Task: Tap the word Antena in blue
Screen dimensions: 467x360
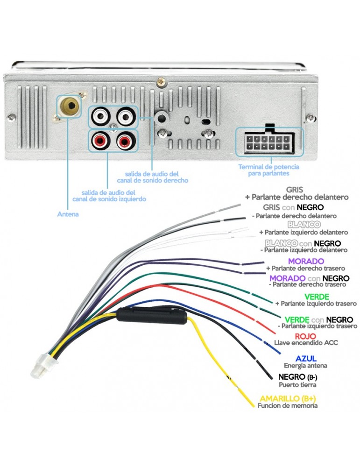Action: [68, 214]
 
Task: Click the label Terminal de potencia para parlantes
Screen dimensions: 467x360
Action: [268, 170]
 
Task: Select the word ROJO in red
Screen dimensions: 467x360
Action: [306, 336]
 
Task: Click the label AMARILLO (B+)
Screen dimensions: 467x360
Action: [287, 398]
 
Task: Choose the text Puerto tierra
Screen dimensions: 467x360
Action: [297, 385]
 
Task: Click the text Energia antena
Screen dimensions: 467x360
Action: [305, 365]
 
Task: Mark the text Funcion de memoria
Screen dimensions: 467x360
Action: [288, 406]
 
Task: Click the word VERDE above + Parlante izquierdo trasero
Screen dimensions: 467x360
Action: [317, 297]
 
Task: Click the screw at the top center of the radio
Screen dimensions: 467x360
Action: [162, 81]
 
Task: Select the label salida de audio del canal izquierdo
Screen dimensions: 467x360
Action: [108, 195]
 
